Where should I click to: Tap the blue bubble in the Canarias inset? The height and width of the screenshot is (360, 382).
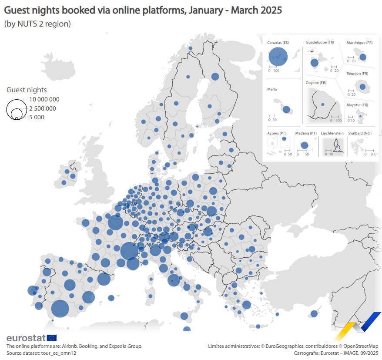278,56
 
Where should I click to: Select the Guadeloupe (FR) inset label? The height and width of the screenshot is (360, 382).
320,43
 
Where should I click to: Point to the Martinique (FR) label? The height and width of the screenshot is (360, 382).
359,43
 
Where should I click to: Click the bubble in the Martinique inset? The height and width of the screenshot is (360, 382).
362,57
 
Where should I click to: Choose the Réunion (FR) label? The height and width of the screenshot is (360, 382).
357,74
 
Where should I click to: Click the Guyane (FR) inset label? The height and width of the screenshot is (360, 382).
316,83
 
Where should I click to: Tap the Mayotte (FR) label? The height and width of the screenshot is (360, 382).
357,105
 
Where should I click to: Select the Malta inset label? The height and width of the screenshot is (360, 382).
272,89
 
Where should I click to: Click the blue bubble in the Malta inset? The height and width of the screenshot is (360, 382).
286,109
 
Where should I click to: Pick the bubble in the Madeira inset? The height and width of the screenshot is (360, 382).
305,145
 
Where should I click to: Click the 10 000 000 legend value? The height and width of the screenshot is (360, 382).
44,99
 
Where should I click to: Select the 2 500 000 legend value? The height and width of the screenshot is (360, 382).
43,108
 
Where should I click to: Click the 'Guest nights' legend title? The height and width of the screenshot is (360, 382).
27,90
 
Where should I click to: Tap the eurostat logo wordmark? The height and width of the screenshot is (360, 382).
26,338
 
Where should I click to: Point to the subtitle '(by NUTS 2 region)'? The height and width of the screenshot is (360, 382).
37,24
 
